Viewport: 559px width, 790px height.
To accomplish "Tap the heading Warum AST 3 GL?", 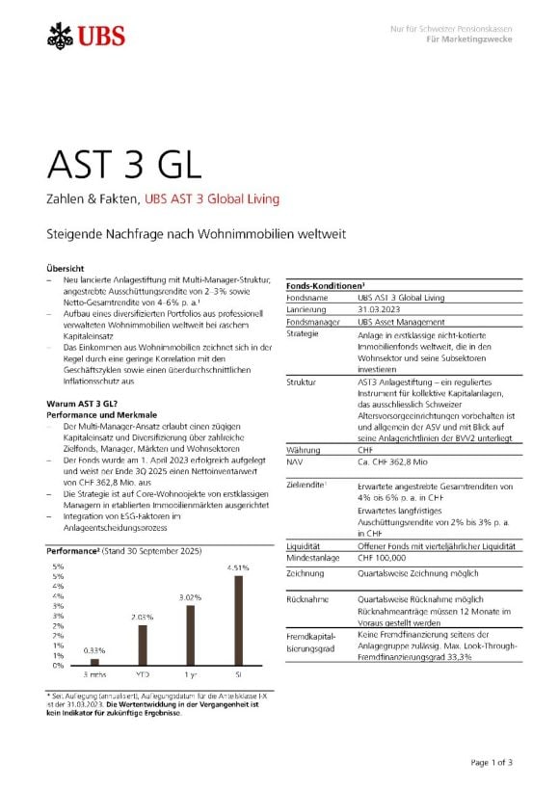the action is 82,400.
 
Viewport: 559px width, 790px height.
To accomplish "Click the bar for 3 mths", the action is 93,662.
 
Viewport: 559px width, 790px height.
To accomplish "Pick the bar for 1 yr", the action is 190,634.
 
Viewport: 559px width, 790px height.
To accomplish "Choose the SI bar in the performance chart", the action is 238,619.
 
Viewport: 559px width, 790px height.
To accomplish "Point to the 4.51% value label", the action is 238,568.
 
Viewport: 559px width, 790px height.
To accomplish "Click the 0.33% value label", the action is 94,651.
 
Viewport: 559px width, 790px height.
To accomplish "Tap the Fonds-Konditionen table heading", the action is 325,286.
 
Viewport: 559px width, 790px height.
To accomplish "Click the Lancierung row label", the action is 307,310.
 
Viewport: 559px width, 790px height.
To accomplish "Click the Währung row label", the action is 305,449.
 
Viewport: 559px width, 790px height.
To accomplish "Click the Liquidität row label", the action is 306,544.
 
